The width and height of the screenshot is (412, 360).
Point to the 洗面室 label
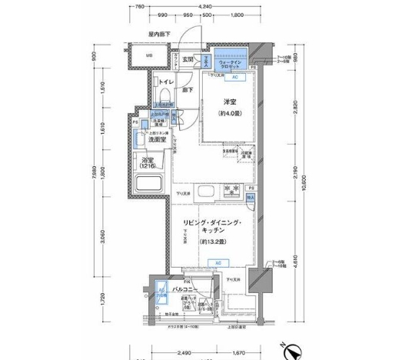coord(158,140)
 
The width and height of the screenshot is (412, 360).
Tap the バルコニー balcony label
coord(184,289)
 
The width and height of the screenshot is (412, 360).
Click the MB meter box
coord(149,56)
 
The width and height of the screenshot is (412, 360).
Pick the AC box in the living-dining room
coord(218,262)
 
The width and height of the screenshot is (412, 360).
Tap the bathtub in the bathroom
coord(147,185)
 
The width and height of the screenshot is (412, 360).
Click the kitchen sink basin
coord(205,191)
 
